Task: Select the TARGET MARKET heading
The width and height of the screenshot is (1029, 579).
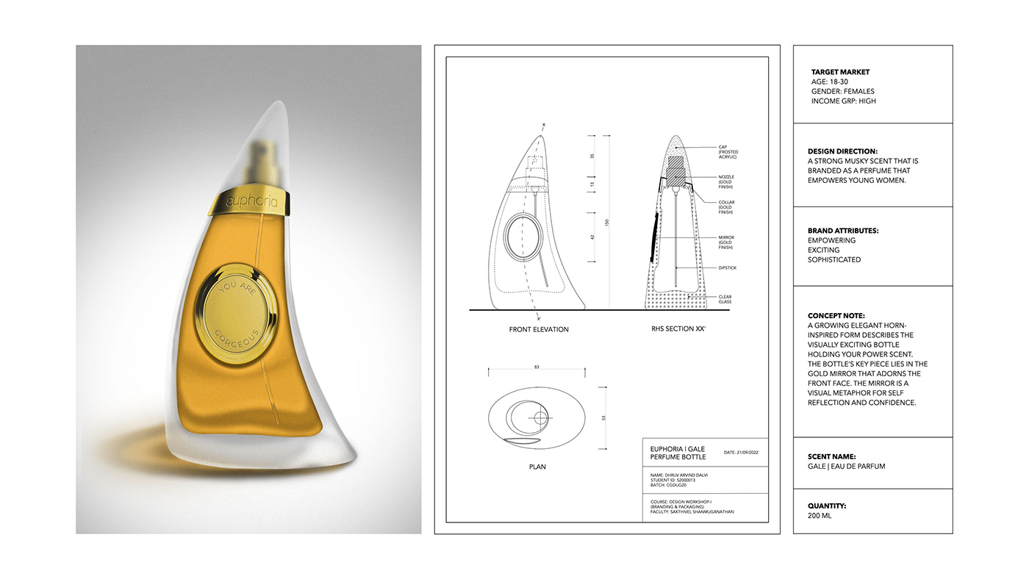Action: click(840, 72)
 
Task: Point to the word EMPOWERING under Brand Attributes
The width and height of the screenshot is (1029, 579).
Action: click(831, 240)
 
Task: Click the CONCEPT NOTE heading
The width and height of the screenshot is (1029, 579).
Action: click(836, 316)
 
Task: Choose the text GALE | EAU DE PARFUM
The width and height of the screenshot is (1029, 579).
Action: click(846, 467)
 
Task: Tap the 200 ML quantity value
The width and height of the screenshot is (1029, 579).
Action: click(820, 516)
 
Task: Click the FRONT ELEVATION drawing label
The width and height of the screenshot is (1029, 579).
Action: click(539, 329)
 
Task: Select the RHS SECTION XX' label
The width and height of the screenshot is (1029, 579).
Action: click(678, 329)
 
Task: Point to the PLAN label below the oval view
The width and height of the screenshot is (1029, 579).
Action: click(537, 467)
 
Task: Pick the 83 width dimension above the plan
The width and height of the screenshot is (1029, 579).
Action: click(537, 367)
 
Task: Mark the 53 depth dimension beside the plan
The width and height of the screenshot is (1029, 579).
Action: click(603, 417)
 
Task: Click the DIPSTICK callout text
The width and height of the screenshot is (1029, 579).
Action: click(727, 268)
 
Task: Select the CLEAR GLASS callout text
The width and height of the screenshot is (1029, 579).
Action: click(725, 300)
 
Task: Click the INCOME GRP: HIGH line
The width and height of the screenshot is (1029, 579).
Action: click(843, 101)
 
